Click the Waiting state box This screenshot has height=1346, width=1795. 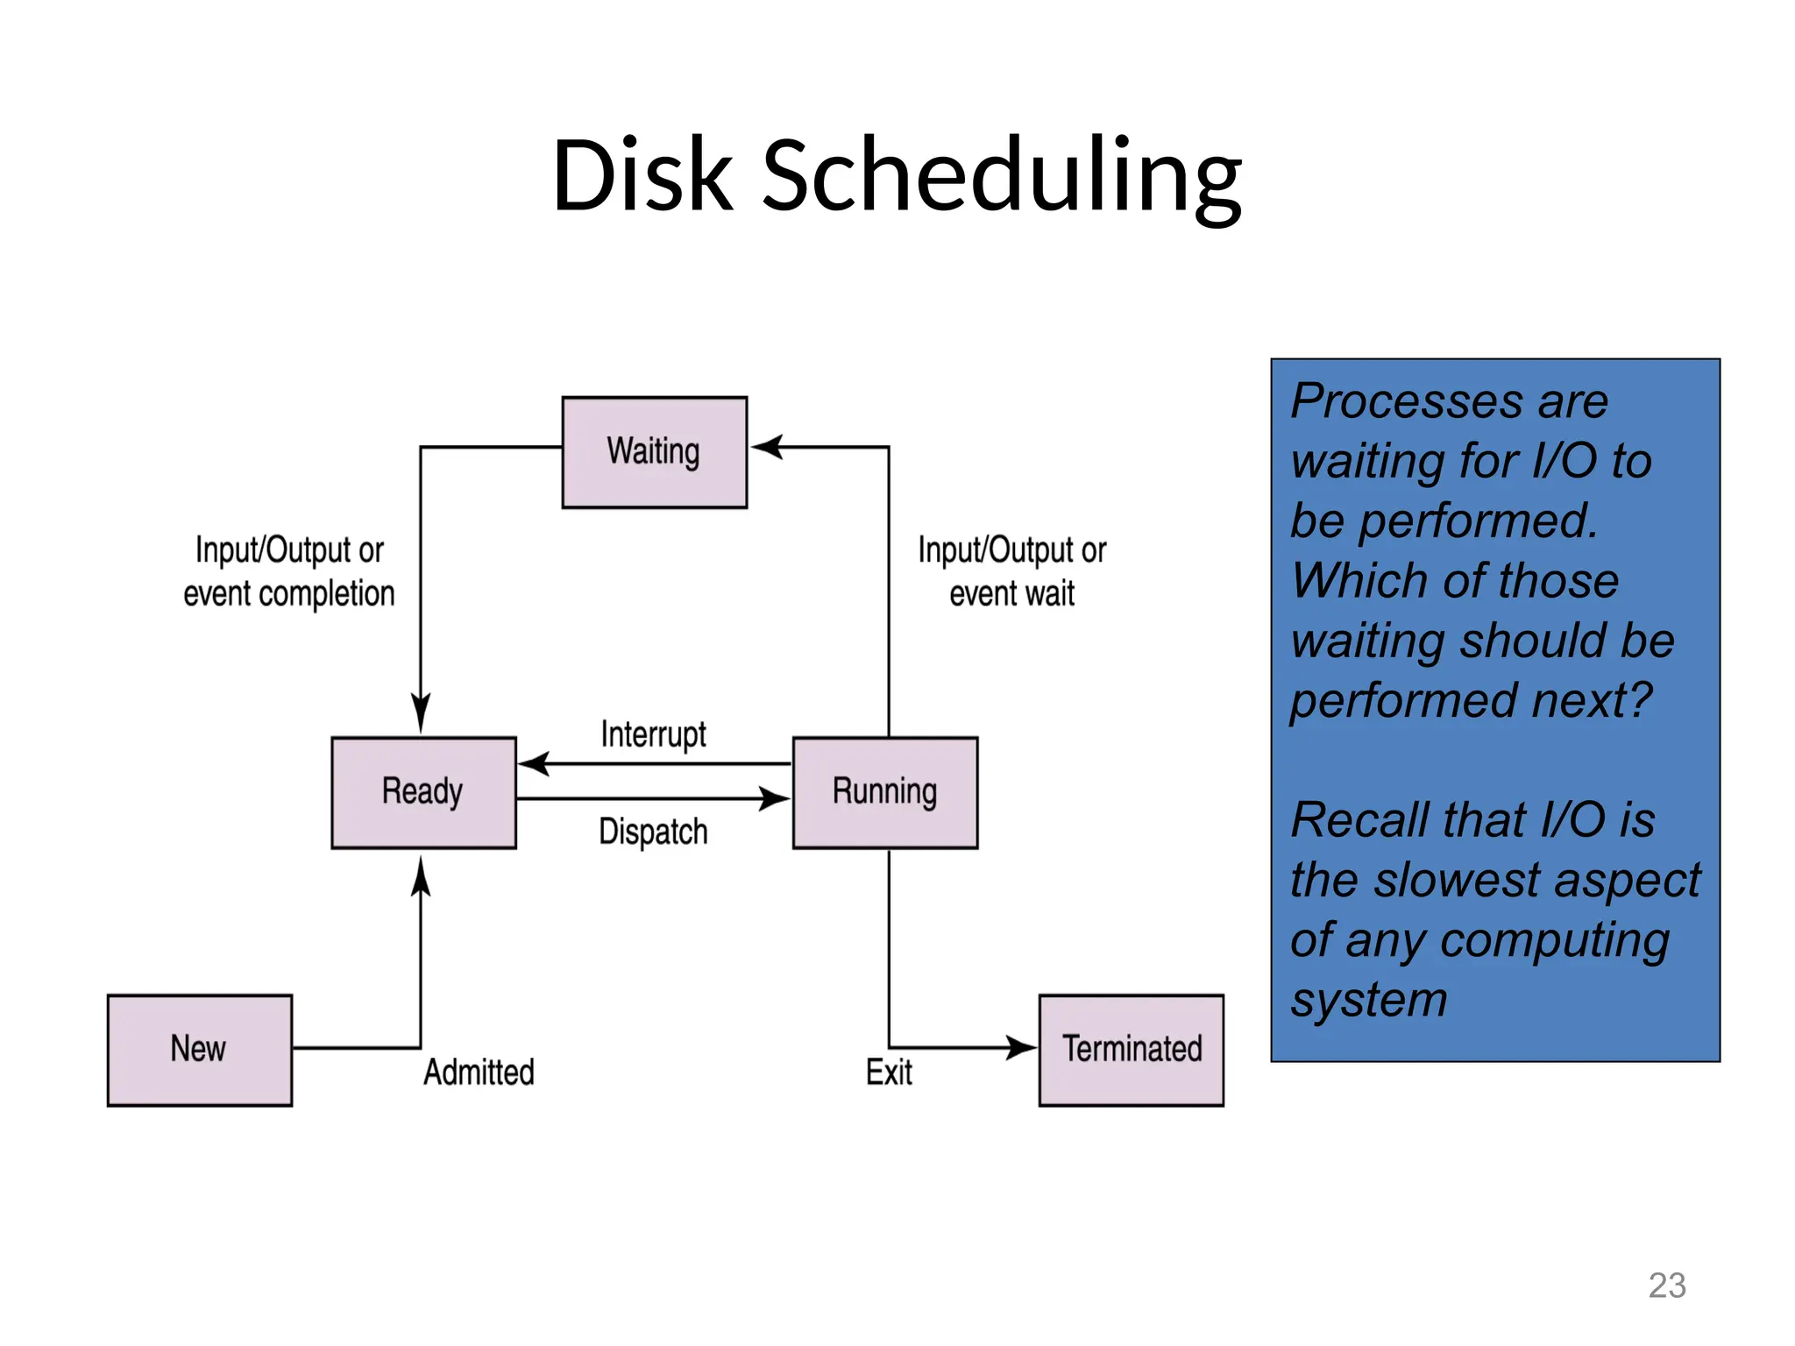[654, 452]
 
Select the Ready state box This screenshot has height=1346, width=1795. [423, 792]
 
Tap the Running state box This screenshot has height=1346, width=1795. [884, 792]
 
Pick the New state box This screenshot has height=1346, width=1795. [199, 1050]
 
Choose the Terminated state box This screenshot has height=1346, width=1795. [1131, 1050]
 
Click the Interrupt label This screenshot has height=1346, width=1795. [653, 734]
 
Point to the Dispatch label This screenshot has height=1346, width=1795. [653, 832]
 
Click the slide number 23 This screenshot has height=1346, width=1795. [1666, 1286]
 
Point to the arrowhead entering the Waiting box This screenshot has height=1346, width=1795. [766, 447]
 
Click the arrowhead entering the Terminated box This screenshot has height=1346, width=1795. [1022, 1047]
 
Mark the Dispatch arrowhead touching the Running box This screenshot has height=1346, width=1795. [775, 798]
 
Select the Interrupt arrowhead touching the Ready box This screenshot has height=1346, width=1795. [533, 764]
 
